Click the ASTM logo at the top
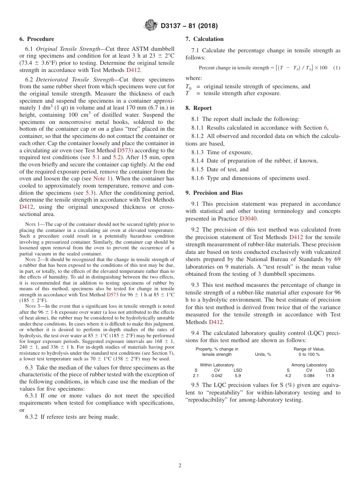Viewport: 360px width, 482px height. [x=151, y=26]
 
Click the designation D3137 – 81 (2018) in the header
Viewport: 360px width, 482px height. [x=189, y=26]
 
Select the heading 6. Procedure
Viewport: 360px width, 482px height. [x=37, y=39]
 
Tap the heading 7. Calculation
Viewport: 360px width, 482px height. [x=204, y=39]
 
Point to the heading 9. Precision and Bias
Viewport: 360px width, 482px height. [x=214, y=193]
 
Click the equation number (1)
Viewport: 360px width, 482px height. [x=336, y=68]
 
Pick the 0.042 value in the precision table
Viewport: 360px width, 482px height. [x=217, y=376]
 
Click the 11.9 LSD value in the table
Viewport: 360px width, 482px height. [x=330, y=376]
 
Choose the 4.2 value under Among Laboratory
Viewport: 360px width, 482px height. [x=288, y=376]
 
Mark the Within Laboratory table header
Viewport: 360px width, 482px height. [x=217, y=365]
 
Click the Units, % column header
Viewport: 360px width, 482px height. [x=263, y=355]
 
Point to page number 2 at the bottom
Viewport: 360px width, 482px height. [x=180, y=466]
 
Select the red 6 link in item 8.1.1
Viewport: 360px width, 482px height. [x=325, y=128]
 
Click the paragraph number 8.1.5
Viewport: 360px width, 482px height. [x=199, y=169]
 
